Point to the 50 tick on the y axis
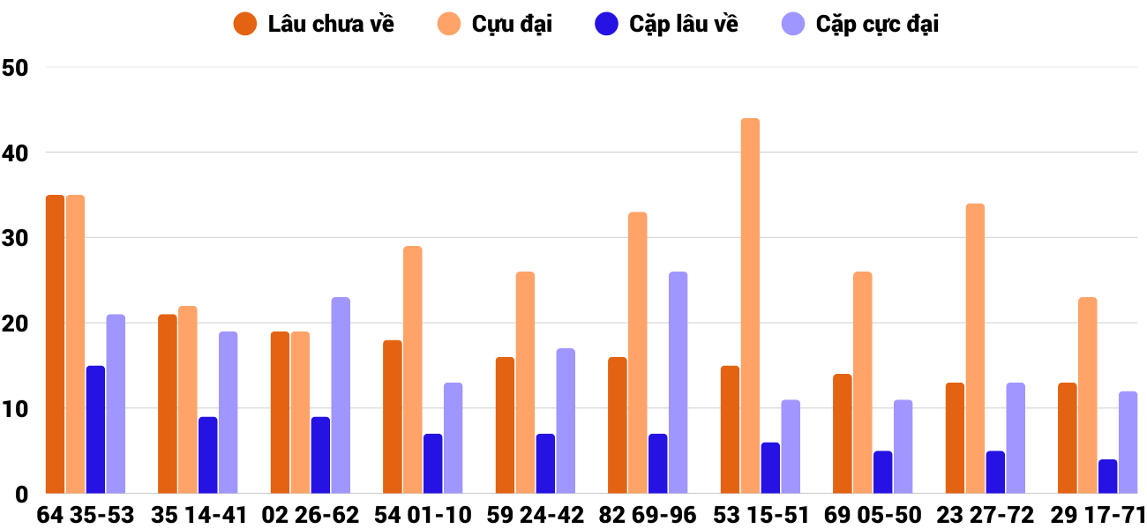(16, 68)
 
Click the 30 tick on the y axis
(16, 238)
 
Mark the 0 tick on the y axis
(21, 495)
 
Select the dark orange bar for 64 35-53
(55, 344)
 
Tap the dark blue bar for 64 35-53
(95, 429)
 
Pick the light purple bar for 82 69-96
(678, 383)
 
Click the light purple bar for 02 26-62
(341, 396)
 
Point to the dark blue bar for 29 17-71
(1107, 476)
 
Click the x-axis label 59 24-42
(536, 515)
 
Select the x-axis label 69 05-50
(873, 515)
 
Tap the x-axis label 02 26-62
(311, 515)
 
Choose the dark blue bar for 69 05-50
(882, 473)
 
